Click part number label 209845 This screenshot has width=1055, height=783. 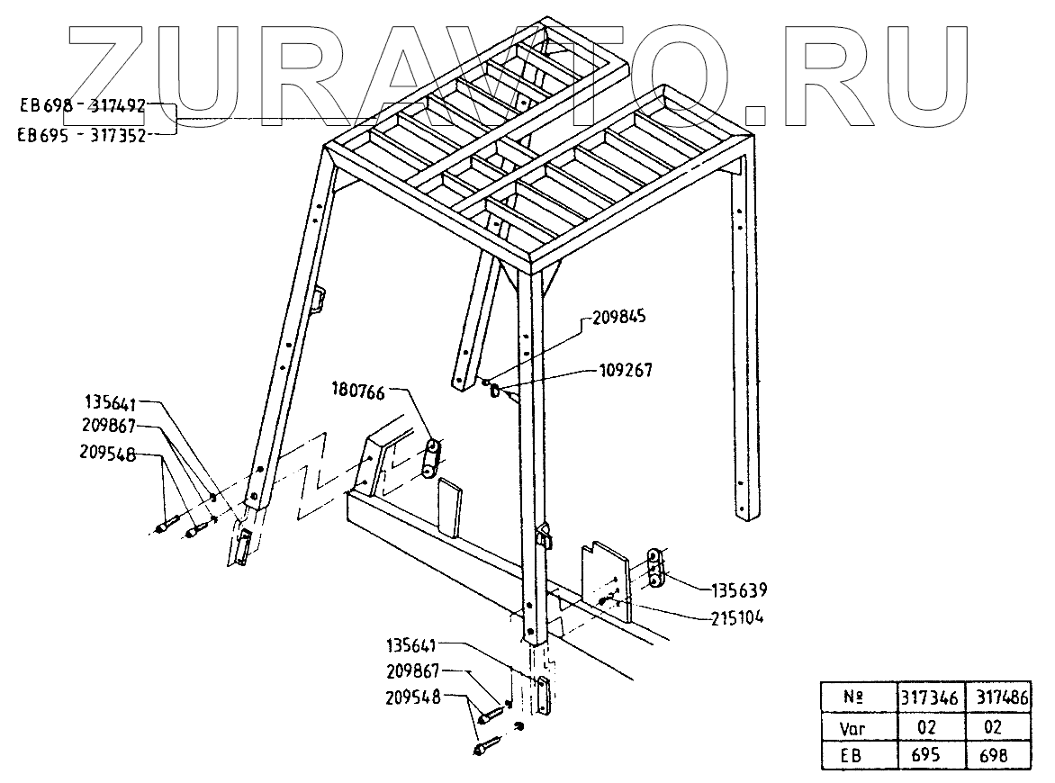pos(620,318)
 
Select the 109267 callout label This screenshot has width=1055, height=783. pos(627,369)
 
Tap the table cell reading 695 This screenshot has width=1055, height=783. pos(931,755)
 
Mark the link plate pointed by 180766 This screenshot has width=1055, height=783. pos(429,458)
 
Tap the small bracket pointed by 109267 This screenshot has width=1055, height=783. pos(499,392)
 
